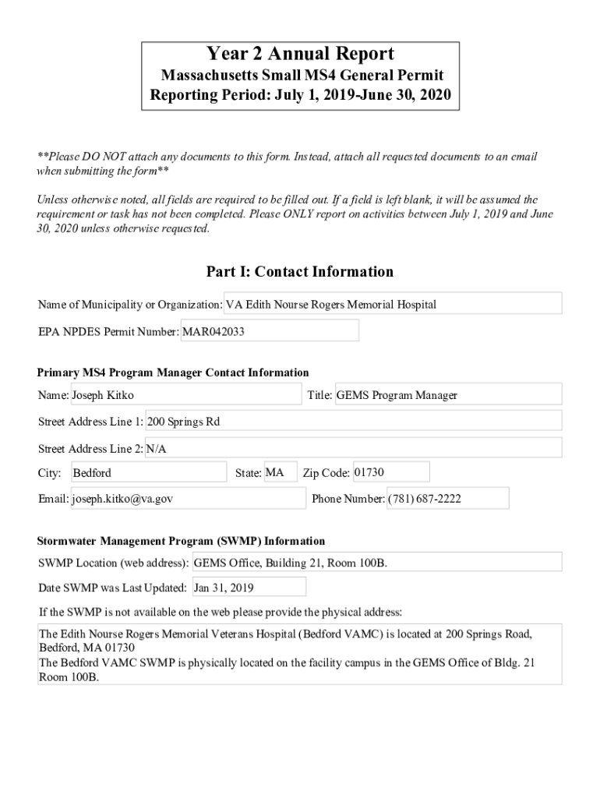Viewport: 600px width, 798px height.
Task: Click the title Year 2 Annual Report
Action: point(300,54)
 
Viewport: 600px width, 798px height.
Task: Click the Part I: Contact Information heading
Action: point(300,272)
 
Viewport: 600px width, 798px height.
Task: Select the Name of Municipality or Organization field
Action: point(393,304)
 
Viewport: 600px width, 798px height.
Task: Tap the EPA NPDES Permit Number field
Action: point(270,331)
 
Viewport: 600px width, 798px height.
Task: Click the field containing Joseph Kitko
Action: point(185,395)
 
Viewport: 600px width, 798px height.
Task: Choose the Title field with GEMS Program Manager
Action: point(447,395)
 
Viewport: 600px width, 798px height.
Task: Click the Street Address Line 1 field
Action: point(353,422)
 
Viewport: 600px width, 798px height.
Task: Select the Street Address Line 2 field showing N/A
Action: point(353,449)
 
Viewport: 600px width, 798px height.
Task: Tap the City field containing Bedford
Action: point(148,472)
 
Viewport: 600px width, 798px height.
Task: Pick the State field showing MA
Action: point(280,472)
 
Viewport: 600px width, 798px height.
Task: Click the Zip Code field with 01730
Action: point(390,472)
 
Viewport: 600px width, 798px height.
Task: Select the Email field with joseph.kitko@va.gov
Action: point(188,499)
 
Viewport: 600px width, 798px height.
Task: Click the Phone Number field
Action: point(447,499)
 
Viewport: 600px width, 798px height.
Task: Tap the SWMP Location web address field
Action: point(376,563)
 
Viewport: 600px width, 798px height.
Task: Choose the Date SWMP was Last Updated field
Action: point(248,588)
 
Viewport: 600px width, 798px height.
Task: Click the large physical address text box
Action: point(300,655)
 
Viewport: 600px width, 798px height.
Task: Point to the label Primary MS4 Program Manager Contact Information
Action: point(173,373)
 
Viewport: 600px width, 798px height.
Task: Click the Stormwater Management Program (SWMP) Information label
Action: point(181,541)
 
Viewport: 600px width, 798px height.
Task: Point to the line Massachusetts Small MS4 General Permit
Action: point(302,76)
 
